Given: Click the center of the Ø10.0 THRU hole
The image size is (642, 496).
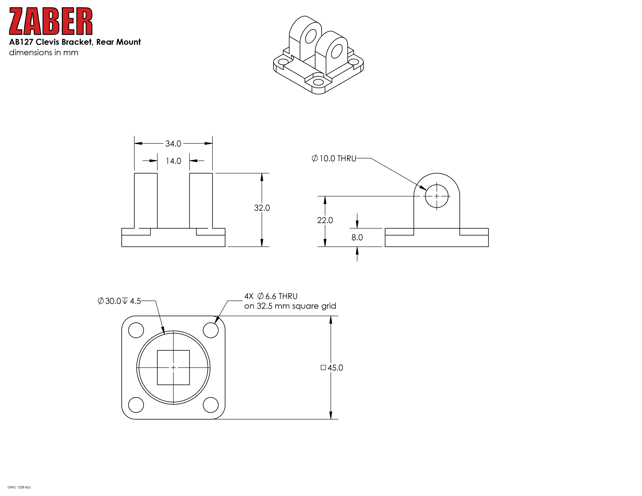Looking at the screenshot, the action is tap(437, 196).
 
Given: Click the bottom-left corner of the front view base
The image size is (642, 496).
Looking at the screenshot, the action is tap(122, 246).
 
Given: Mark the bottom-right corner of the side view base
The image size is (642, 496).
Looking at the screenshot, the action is tap(488, 246).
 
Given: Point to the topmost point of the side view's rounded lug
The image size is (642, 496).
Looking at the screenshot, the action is tap(437, 173).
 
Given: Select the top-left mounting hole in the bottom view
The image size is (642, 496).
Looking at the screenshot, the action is tap(136, 330).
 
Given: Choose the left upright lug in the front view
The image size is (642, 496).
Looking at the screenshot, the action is tap(146, 201).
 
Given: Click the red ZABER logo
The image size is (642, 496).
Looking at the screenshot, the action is tap(51, 21).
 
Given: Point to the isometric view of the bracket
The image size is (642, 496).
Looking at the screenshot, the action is tap(318, 55).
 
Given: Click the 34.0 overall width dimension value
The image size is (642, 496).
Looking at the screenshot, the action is tap(173, 144).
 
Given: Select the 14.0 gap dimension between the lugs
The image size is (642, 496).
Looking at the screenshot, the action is tap(173, 161).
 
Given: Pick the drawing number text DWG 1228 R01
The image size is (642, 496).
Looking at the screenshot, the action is tap(19, 487).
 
